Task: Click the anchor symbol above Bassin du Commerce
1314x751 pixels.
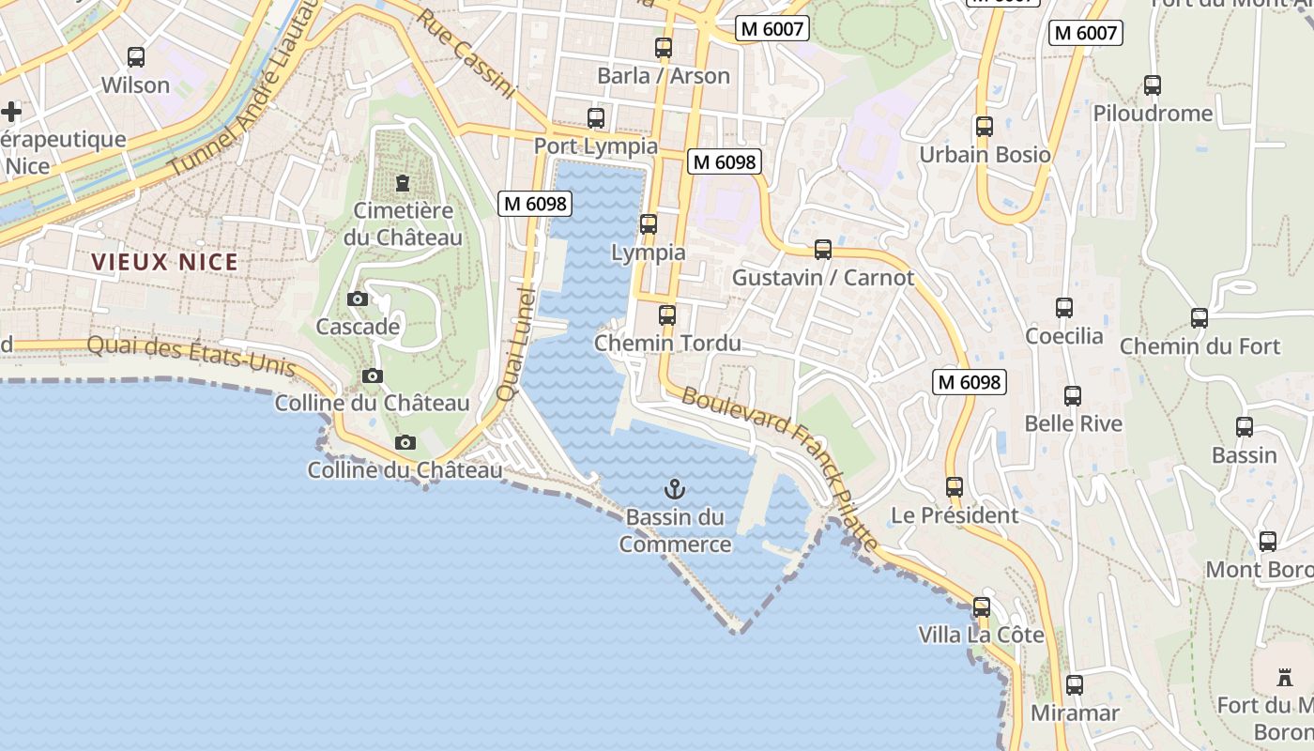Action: tap(674, 488)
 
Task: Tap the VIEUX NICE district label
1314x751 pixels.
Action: tap(164, 262)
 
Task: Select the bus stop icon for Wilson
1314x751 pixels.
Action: tap(136, 57)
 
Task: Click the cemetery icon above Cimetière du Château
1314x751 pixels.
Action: tap(403, 182)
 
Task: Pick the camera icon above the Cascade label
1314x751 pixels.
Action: tap(357, 299)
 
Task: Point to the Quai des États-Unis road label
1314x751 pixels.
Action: tap(191, 356)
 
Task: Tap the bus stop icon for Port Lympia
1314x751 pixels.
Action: tap(596, 118)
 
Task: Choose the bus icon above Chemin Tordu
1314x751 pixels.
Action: tap(667, 315)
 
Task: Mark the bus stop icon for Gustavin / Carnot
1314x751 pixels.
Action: tap(823, 250)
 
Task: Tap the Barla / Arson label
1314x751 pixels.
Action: tap(664, 76)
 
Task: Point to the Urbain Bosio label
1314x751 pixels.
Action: tap(985, 155)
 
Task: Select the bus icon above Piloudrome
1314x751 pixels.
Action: tap(1153, 85)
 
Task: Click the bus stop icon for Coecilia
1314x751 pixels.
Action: tap(1064, 308)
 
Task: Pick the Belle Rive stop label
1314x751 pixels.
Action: tap(1073, 423)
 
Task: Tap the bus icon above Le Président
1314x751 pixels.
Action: tap(955, 487)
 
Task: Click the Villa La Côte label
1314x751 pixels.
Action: tap(981, 636)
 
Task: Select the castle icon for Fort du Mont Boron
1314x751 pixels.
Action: tap(1285, 677)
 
